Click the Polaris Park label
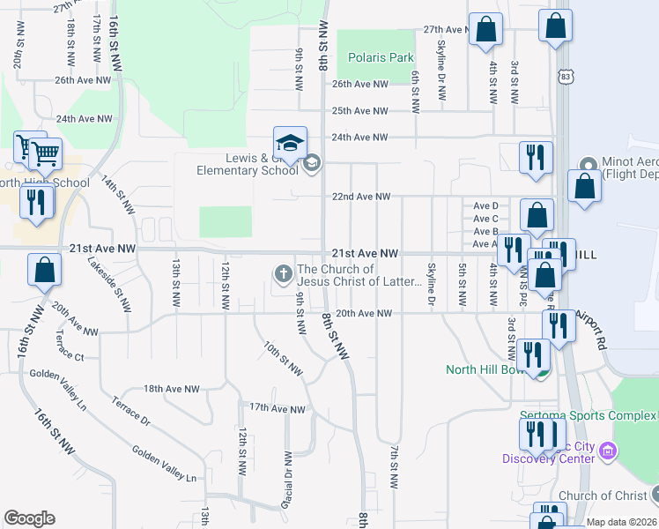(380, 58)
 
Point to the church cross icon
(284, 274)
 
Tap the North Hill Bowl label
(485, 369)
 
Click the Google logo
(29, 518)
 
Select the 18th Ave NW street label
(167, 388)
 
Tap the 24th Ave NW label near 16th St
(84, 118)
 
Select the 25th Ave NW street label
(359, 111)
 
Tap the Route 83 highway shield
(564, 77)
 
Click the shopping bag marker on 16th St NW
(44, 272)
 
